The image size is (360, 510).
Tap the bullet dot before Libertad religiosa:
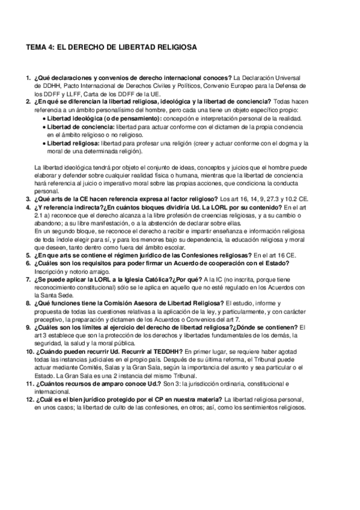[44, 143]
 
